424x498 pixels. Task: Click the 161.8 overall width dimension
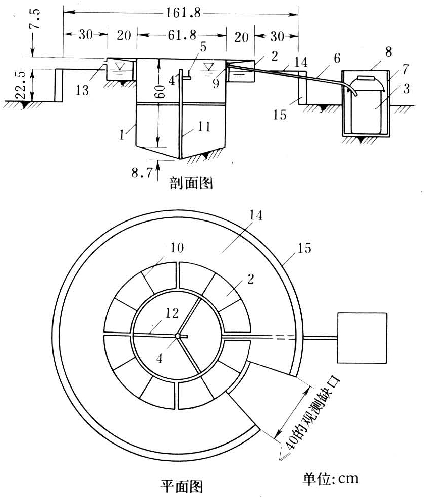tap(183, 13)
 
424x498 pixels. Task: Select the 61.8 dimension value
tap(182, 35)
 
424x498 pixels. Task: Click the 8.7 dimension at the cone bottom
tap(142, 173)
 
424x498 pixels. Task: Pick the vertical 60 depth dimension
tap(160, 91)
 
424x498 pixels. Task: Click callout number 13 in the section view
tap(82, 90)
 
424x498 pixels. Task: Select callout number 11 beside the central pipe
tap(204, 127)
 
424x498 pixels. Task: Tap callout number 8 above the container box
tap(388, 52)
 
